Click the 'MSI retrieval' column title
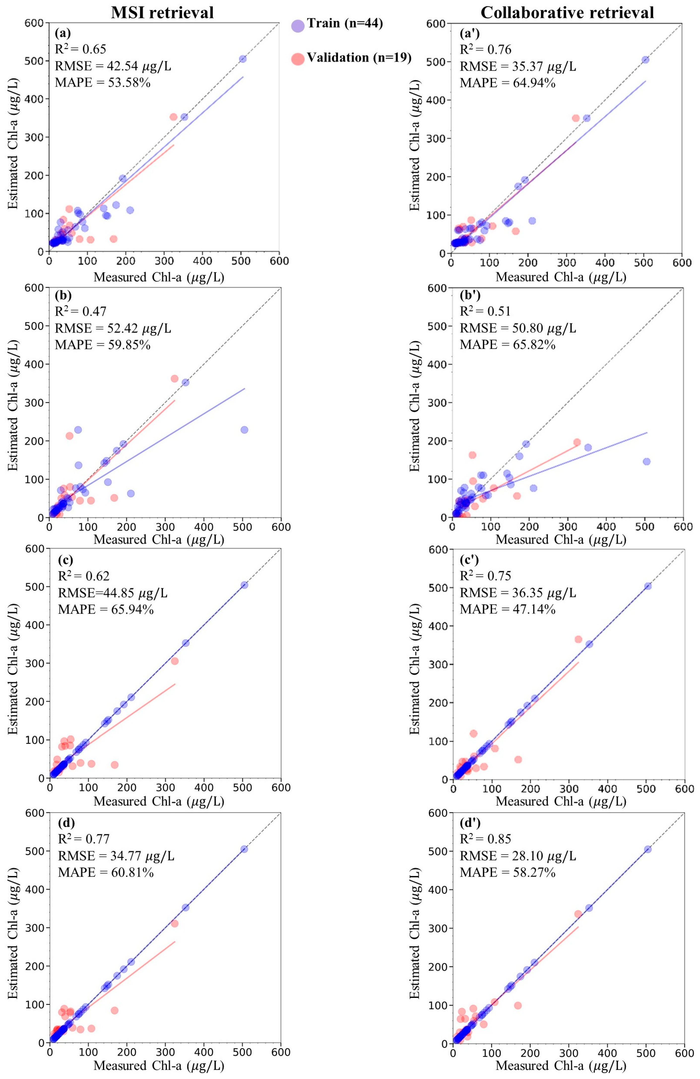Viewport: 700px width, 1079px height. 162,12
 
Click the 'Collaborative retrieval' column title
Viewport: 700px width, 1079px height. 567,12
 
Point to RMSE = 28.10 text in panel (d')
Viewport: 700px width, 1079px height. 518,856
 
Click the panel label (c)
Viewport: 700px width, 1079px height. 66,559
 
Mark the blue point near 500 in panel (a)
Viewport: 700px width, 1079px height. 243,59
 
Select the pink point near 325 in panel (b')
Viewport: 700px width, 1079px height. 577,442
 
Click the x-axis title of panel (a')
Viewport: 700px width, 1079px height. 561,277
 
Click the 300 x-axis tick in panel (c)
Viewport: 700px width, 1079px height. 165,787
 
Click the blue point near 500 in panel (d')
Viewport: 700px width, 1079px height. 647,849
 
